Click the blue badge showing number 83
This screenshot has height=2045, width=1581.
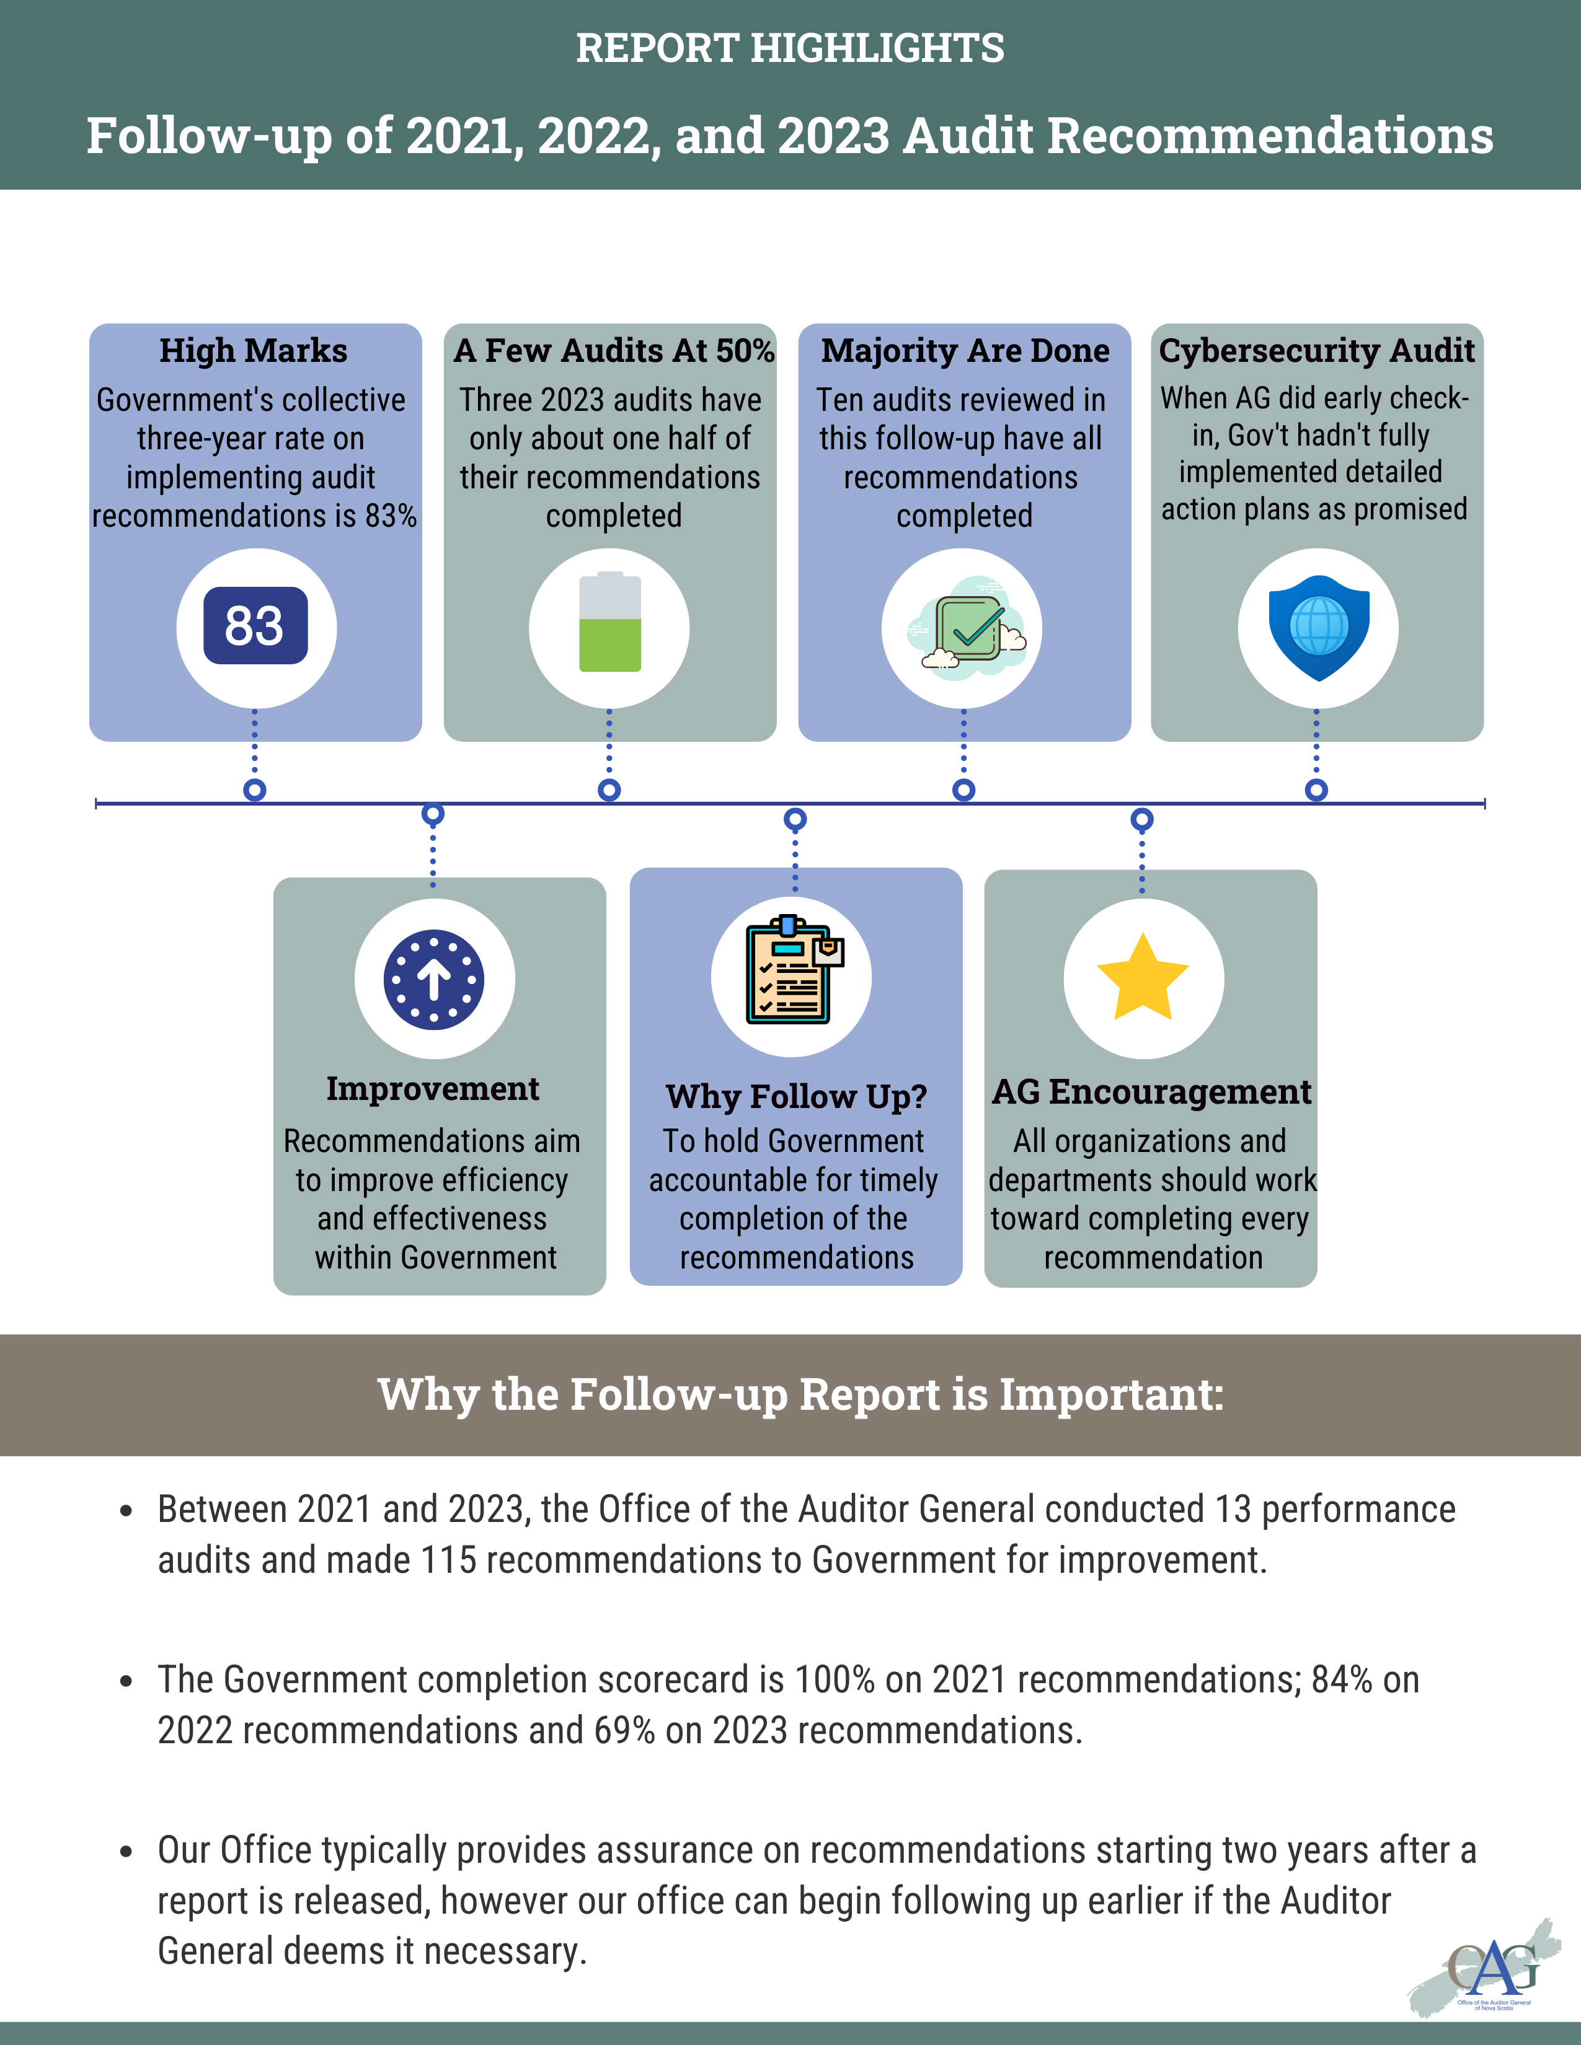(255, 625)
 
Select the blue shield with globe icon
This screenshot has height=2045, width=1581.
(1319, 627)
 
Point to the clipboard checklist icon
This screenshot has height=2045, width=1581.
(792, 971)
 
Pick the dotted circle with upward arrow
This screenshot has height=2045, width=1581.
(433, 979)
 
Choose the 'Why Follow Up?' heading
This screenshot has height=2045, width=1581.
(796, 1096)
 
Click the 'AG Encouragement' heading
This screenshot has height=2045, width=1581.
(1151, 1092)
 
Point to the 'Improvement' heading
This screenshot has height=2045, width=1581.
(433, 1089)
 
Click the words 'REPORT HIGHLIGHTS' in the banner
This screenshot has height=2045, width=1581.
(789, 48)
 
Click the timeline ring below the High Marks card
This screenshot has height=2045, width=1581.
(255, 789)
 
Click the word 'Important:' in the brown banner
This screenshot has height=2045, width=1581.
(1112, 1394)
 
